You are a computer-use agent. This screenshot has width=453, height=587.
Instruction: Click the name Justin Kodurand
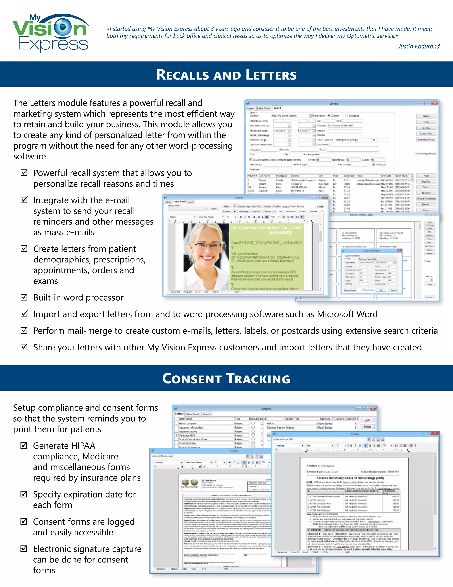tap(419, 46)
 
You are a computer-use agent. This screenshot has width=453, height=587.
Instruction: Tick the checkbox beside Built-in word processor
tap(24, 297)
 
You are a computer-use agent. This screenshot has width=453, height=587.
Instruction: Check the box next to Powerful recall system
tap(24, 173)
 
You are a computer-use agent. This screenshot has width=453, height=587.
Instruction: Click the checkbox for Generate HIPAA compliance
tap(24, 445)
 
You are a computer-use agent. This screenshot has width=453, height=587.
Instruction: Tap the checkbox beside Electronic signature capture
tap(24, 548)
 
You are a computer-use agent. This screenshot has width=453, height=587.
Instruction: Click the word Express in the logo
tap(53, 44)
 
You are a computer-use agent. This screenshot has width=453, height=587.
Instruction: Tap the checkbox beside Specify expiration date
tap(24, 494)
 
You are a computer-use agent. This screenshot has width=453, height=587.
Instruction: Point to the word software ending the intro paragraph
tap(30, 156)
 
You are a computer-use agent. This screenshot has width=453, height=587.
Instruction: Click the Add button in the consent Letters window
tap(367, 420)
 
